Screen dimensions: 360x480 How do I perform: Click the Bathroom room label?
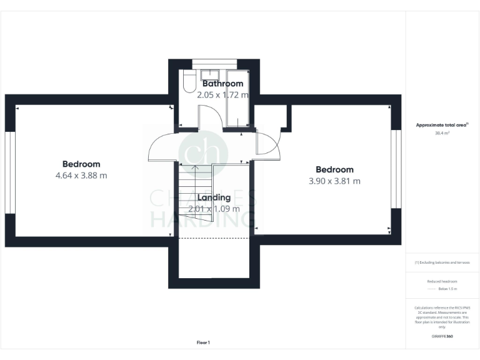222,84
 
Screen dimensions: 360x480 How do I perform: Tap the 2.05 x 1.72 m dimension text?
222,95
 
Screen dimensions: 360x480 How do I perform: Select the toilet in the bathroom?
186,84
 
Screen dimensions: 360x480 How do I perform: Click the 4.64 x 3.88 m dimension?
81,176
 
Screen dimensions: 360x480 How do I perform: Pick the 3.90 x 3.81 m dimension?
334,181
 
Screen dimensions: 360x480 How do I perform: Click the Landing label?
214,197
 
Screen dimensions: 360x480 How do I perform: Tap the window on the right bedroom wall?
396,169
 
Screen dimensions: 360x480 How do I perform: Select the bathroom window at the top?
214,62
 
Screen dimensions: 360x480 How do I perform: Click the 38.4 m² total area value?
442,133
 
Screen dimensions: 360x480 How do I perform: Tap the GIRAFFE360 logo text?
442,336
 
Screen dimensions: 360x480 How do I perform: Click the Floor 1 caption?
203,342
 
